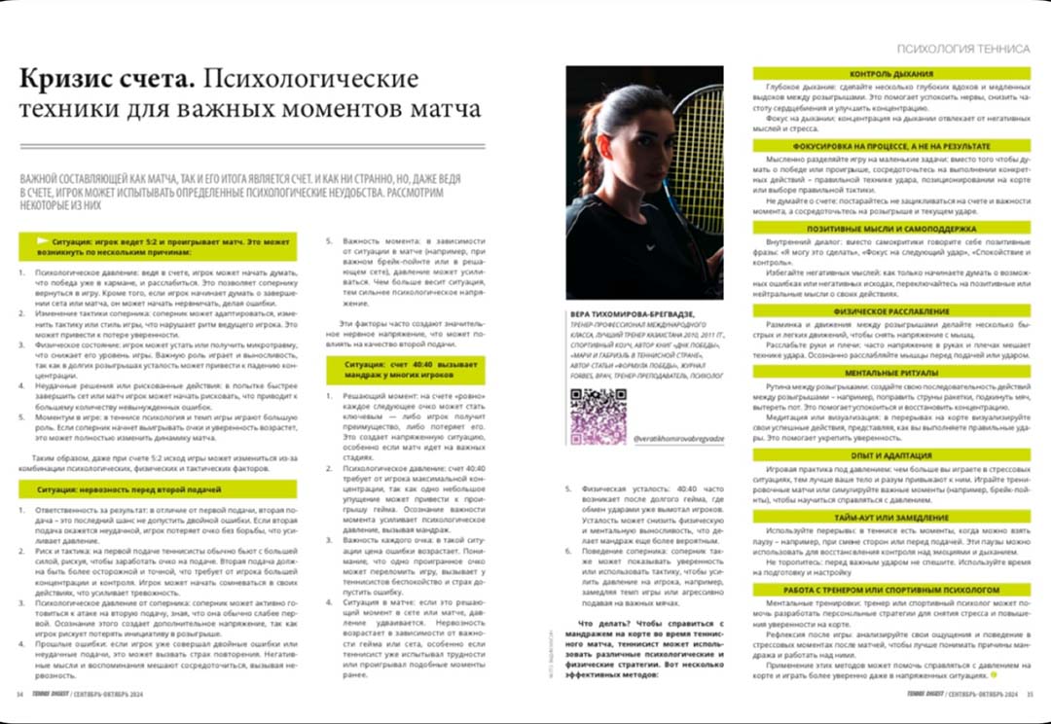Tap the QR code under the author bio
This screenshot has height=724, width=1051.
598,416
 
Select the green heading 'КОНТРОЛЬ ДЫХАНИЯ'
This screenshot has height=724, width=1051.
891,74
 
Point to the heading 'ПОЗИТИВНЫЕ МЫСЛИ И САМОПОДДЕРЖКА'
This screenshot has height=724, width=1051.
891,227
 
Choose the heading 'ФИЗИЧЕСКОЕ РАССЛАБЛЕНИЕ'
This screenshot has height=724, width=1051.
891,312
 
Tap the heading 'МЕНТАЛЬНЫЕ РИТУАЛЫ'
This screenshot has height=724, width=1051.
891,373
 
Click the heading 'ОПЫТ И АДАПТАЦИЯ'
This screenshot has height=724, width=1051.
891,454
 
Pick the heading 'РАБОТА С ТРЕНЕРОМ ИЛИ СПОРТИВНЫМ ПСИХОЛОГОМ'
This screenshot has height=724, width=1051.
891,590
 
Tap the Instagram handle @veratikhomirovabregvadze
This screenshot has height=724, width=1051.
681,440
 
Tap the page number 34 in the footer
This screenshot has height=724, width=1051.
19,694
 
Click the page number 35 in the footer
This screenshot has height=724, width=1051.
1030,694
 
